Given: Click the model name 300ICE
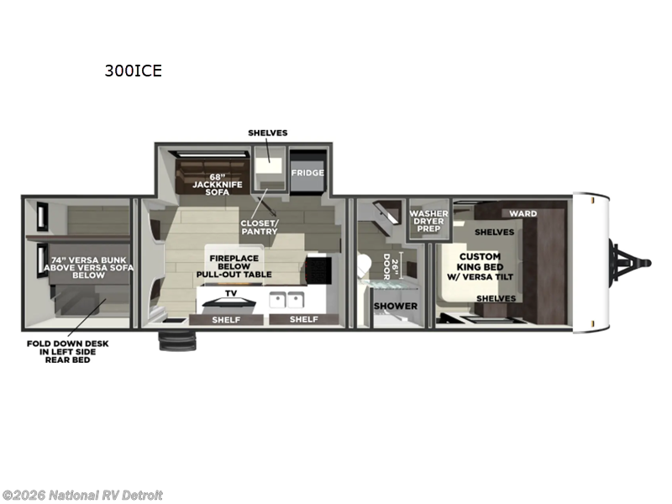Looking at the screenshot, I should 133,71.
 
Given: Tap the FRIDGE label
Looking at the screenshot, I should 307,172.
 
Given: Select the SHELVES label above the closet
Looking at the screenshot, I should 268,133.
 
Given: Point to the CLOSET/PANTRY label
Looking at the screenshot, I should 260,227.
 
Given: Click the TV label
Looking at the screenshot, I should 230,294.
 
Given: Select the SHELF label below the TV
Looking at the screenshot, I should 226,319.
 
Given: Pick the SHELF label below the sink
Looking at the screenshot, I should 304,319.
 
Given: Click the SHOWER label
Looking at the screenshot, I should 395,306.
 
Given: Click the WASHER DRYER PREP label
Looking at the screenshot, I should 428,221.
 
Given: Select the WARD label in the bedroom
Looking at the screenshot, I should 522,213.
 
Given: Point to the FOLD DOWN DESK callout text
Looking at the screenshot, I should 66,351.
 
